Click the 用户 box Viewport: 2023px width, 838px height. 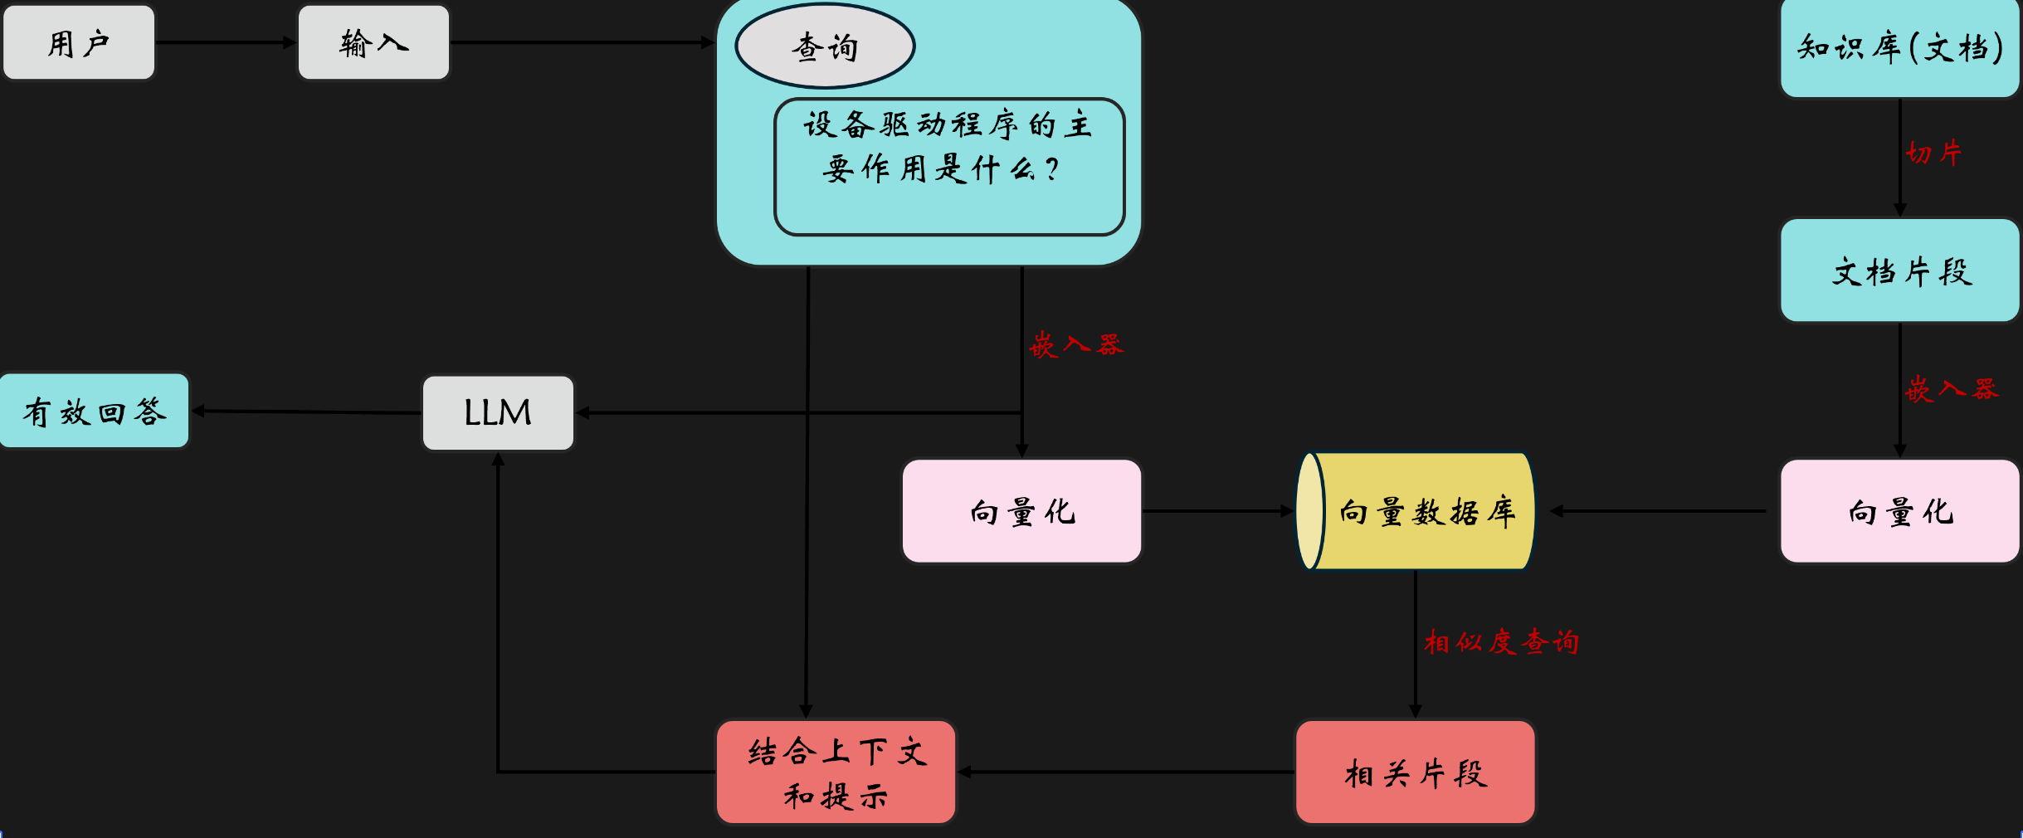coord(79,42)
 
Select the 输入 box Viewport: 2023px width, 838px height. coord(373,42)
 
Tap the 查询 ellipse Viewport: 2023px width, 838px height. coord(825,46)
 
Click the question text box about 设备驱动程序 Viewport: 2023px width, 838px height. coord(948,166)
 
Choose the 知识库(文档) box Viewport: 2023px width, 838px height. coord(1899,47)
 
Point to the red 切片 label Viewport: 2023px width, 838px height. coord(1933,153)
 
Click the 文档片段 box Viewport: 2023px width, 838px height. coord(1899,270)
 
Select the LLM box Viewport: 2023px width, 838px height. coord(498,412)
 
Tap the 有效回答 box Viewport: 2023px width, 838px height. coord(95,411)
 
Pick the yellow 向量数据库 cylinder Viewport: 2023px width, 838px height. coord(1416,511)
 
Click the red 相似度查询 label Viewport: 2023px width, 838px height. coord(1501,641)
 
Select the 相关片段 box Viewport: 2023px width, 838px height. coord(1415,772)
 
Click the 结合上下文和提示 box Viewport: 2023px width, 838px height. coord(836,772)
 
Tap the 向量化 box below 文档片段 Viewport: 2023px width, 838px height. coord(1899,511)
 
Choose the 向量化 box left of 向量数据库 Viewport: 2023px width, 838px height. coord(1021,511)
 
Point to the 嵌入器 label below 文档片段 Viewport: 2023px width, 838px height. coord(1951,388)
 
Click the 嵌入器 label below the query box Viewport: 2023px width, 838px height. coord(1076,344)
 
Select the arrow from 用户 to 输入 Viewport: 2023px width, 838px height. coord(226,42)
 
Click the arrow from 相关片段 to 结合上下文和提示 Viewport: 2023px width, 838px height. coord(1125,772)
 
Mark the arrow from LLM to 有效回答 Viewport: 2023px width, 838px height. coord(307,412)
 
